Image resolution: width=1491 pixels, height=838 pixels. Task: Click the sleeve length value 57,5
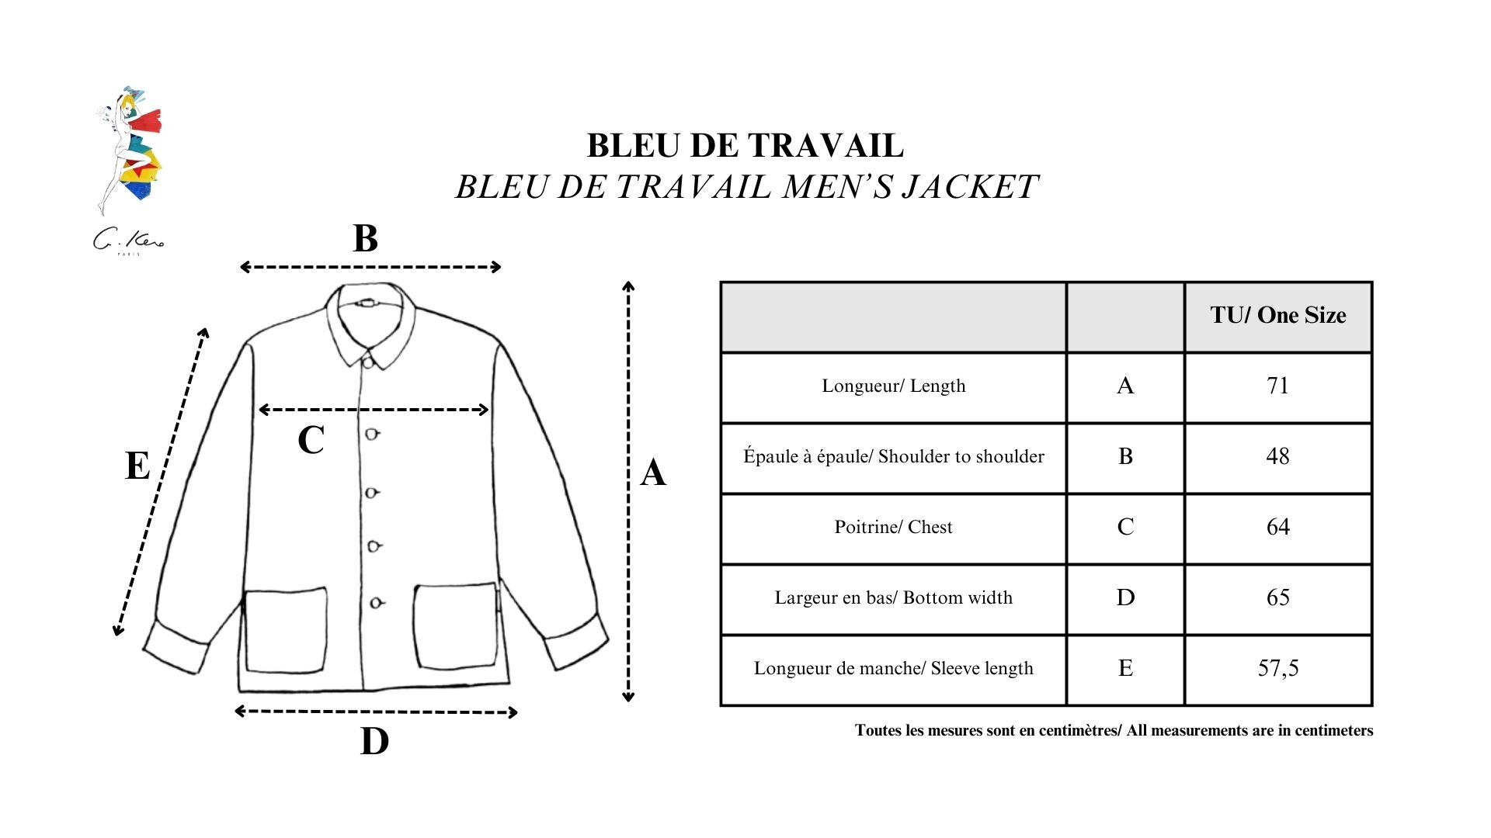pos(1277,668)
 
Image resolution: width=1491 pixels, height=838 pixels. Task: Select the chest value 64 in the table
pos(1277,527)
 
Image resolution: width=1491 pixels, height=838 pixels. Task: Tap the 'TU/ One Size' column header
pos(1277,315)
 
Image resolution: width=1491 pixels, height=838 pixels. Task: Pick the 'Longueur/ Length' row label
pos(893,386)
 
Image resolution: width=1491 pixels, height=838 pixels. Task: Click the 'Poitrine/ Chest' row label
pos(893,527)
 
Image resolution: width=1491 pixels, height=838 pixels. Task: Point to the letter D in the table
pos(1125,597)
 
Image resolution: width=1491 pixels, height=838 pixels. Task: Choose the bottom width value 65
pos(1277,597)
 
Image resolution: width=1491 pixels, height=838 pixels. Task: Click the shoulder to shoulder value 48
pos(1277,456)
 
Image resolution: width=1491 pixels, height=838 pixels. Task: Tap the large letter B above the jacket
pos(365,238)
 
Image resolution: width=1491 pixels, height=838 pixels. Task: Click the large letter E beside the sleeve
pos(137,466)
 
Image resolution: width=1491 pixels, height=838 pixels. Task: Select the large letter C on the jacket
pos(311,440)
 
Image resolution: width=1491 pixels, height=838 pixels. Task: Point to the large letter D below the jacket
pos(374,741)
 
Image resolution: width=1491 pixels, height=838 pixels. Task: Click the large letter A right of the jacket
pos(653,473)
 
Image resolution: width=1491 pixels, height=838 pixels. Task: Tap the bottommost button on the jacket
pos(376,603)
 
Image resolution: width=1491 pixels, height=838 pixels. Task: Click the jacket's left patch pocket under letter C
pos(285,630)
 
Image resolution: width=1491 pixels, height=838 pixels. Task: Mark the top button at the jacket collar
pos(367,361)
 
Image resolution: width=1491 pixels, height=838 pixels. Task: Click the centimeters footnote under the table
pos(1114,730)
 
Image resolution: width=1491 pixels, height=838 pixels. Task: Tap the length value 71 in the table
pos(1277,386)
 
